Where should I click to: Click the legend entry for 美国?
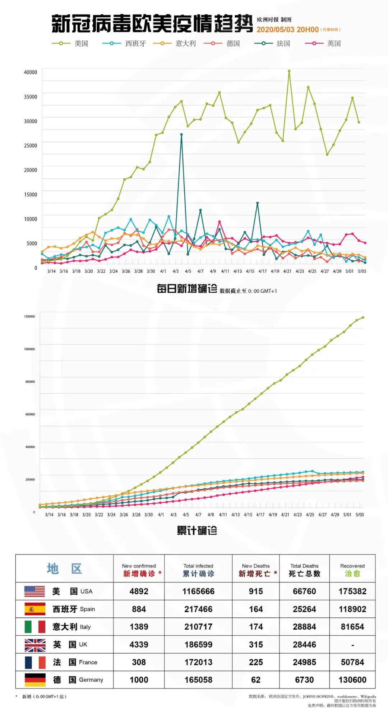point(70,44)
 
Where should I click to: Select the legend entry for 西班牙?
point(125,44)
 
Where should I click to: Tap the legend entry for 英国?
point(323,44)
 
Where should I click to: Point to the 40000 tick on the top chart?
point(31,72)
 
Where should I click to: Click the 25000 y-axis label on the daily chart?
point(31,146)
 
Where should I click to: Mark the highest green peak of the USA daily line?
point(289,71)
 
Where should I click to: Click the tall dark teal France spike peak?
point(181,135)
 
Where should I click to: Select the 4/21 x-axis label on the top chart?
point(287,271)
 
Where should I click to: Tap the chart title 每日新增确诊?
point(187,289)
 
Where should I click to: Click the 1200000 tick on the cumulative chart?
point(29,316)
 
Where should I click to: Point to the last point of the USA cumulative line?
point(363,317)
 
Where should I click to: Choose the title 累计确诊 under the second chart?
point(197,531)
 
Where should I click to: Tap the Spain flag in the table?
point(35,609)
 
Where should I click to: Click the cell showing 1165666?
point(198,591)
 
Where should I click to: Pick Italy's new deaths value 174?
point(256,627)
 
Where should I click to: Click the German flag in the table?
point(35,680)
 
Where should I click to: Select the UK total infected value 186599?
point(198,645)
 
